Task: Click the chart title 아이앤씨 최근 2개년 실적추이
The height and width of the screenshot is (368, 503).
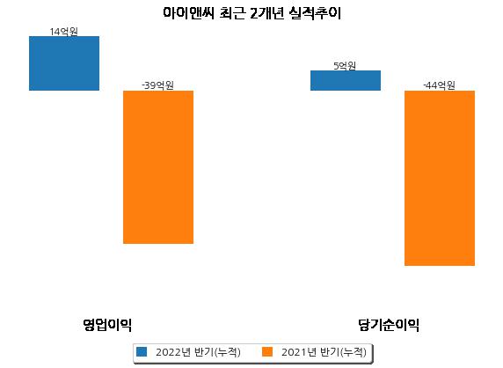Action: [x=251, y=13]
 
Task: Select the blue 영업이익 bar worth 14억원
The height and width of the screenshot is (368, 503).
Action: [x=64, y=63]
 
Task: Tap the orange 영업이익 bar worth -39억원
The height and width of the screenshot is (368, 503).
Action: [x=158, y=167]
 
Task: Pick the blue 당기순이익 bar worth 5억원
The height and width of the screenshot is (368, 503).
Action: [x=346, y=81]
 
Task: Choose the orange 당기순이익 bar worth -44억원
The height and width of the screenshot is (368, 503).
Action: [x=440, y=178]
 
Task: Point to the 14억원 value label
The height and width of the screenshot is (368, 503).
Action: [x=64, y=32]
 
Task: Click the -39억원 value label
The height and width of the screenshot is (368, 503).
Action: [x=157, y=85]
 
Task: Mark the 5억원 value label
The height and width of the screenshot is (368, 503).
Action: [x=345, y=66]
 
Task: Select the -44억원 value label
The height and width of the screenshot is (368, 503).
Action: [x=439, y=85]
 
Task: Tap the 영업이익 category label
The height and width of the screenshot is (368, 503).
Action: [x=107, y=325]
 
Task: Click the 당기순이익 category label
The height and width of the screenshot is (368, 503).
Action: [x=389, y=325]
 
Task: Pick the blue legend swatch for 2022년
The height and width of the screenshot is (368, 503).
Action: [x=142, y=351]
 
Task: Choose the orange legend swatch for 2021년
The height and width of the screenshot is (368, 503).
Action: [x=267, y=351]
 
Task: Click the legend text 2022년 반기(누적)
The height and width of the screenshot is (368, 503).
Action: [x=198, y=352]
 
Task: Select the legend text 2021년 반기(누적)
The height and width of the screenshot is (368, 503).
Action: [x=324, y=352]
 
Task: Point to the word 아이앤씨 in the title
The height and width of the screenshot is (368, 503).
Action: [x=188, y=13]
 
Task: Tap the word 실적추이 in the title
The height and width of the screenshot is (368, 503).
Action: [x=315, y=13]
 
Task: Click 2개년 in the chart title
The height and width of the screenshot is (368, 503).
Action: [x=266, y=13]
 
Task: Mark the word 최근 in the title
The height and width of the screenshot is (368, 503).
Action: [x=232, y=13]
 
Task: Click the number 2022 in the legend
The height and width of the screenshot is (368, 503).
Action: [x=169, y=352]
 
